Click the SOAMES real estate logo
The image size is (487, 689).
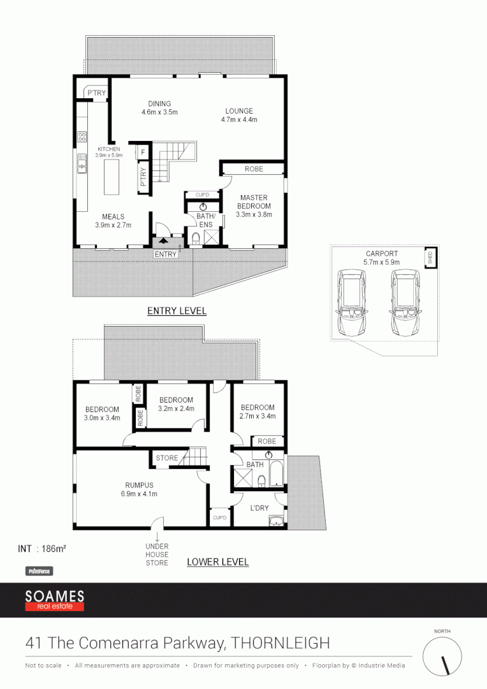54,600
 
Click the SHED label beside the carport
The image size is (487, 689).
430,257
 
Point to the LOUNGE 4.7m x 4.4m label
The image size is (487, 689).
238,115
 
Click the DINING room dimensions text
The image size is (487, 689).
159,112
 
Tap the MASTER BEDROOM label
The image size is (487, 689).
253,206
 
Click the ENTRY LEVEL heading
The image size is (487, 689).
177,311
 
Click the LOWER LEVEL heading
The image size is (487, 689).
217,562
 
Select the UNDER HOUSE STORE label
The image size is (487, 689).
157,554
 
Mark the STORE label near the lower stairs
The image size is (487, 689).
167,458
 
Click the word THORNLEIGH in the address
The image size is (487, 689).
280,642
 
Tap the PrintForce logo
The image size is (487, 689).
38,572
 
